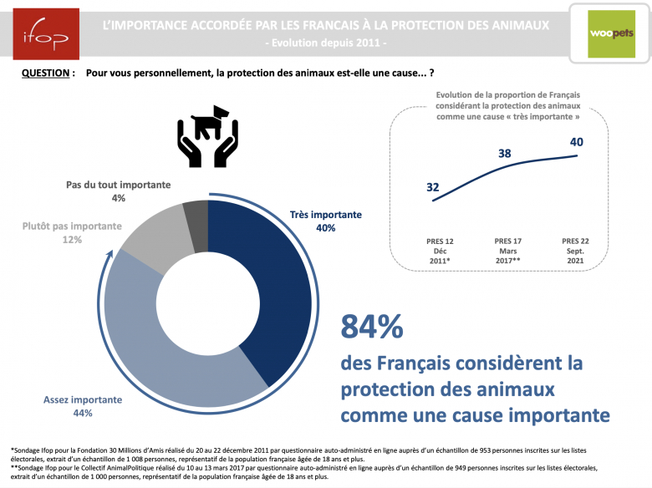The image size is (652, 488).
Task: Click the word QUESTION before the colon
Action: pos(45,74)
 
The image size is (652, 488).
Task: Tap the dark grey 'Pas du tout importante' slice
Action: pos(196,211)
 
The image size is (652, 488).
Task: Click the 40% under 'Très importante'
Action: pos(325,228)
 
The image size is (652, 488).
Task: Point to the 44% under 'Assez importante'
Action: pos(82,413)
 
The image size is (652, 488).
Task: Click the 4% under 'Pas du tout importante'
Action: pos(118,198)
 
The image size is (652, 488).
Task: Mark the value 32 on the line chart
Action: pos(432,187)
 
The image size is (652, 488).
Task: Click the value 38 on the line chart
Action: pos(505,154)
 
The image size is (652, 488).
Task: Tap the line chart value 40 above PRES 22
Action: pos(577,142)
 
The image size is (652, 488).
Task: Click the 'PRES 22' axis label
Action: pos(577,241)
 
